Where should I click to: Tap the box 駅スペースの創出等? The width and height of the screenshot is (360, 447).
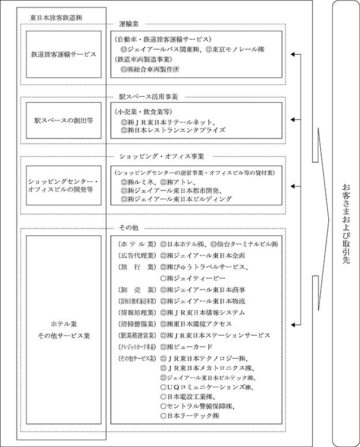point(63,121)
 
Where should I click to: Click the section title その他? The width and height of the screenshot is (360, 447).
point(126,228)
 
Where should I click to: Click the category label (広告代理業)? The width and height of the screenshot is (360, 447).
point(136,255)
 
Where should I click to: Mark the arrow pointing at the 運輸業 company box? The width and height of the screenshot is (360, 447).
point(297,55)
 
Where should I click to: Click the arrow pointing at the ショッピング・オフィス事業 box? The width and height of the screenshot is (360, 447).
point(297,186)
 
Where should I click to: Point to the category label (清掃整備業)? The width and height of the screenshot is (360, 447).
point(136,323)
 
